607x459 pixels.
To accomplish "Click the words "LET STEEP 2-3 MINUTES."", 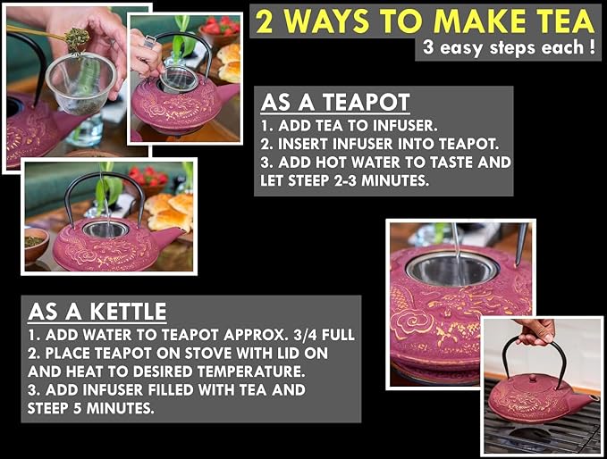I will [343, 180].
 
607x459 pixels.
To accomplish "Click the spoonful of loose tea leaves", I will [78, 37].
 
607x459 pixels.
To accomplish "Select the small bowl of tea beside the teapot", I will [37, 243].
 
